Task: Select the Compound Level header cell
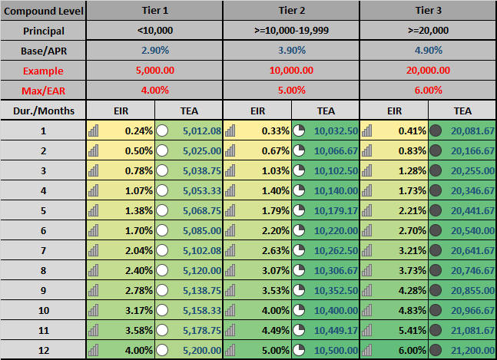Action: pyautogui.click(x=43, y=12)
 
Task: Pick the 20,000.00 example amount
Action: pyautogui.click(x=427, y=70)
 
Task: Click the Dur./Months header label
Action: pyautogui.click(x=43, y=111)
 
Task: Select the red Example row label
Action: pyautogui.click(x=43, y=70)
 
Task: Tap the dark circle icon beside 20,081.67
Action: pyautogui.click(x=436, y=130)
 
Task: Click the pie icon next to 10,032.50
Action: pyautogui.click(x=299, y=130)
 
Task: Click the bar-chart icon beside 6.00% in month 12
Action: pyautogui.click(x=367, y=350)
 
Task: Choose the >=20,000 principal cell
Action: pyautogui.click(x=427, y=31)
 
